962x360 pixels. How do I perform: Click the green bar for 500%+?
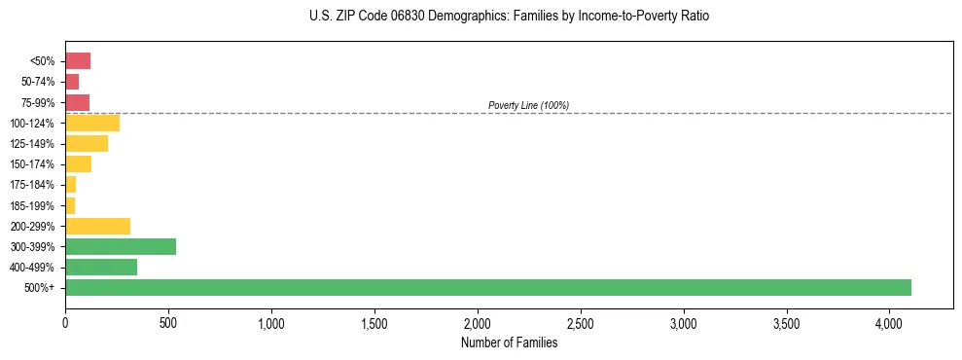[487, 287]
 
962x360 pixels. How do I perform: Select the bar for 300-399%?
[121, 246]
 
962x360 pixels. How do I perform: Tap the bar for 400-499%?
[101, 267]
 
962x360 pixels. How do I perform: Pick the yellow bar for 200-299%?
[97, 226]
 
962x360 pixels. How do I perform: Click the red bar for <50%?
[78, 61]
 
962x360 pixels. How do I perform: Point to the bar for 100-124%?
[92, 123]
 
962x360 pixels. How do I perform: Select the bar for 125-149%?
[87, 143]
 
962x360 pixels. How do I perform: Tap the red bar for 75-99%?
[77, 102]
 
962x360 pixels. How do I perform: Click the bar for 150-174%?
[78, 163]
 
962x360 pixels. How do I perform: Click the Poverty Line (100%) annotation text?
[528, 105]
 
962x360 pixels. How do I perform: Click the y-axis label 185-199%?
[32, 205]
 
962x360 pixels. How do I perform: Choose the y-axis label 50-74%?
[37, 82]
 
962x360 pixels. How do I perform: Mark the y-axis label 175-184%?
[32, 185]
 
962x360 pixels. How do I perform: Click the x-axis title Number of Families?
[509, 342]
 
